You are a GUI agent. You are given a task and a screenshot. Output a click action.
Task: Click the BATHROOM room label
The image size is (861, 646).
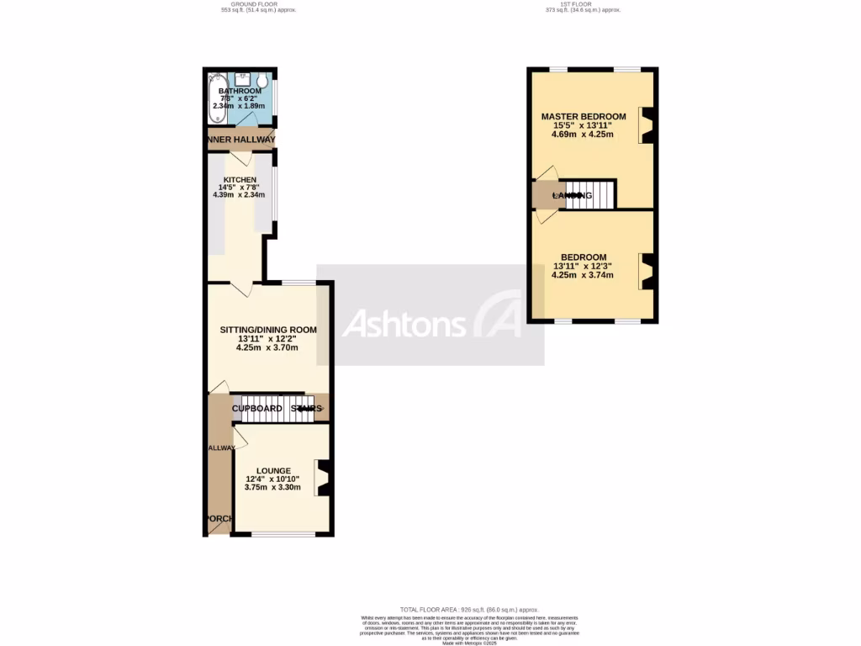(240, 91)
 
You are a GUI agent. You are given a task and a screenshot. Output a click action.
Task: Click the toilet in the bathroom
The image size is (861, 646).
(263, 82)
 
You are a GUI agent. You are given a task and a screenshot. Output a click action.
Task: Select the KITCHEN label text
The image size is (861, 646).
(240, 179)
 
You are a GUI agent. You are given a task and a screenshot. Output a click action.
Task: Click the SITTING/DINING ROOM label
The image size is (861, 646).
(268, 330)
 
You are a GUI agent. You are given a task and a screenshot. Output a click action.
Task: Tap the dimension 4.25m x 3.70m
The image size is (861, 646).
(267, 347)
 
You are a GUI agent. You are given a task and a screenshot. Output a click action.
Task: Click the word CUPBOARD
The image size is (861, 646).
(257, 409)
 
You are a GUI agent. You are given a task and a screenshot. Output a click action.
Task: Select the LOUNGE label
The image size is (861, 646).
(274, 471)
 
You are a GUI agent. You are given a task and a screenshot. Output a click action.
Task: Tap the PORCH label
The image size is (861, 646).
(219, 518)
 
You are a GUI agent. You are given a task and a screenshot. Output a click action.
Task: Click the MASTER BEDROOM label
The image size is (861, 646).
(584, 116)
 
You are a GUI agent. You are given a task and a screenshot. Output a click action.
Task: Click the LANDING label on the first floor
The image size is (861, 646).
(572, 196)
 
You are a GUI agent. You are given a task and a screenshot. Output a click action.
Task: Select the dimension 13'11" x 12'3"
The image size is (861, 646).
(583, 266)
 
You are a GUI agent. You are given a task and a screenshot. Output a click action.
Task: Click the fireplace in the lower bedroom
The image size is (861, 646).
(647, 271)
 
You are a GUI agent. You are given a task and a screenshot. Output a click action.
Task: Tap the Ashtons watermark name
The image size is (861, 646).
(404, 324)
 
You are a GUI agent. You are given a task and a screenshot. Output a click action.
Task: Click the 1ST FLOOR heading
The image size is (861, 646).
(579, 4)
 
